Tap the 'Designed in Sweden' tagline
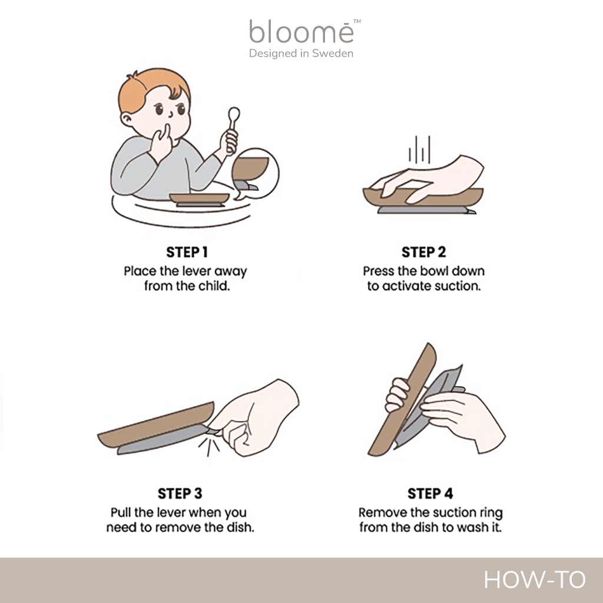301,54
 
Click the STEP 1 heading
187,252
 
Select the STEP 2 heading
424,252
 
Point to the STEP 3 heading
180,493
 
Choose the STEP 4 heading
430,493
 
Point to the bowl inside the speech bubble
250,168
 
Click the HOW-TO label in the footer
535,579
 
